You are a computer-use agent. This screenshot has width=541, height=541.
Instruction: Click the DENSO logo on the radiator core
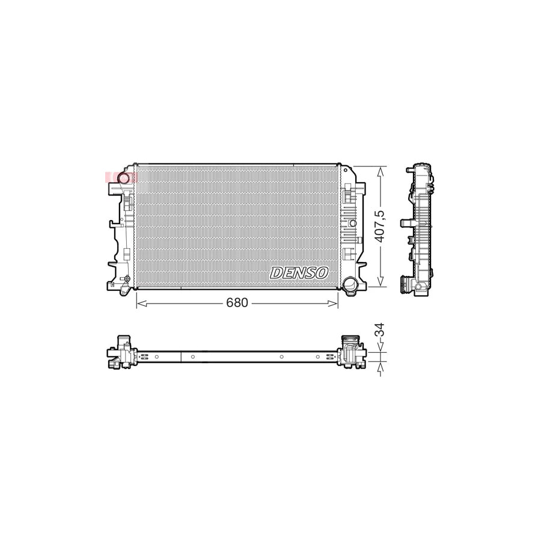pos(299,272)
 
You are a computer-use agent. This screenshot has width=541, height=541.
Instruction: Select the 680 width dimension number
pos(237,303)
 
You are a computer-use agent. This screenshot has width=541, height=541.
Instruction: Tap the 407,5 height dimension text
pos(379,226)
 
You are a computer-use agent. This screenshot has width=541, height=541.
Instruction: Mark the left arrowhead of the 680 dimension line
pos(139,303)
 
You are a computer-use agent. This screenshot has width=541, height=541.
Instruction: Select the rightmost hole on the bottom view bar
pos(317,357)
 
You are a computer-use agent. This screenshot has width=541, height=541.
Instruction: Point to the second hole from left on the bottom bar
pos(193,357)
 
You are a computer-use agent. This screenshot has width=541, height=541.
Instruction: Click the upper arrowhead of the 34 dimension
pos(380,347)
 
